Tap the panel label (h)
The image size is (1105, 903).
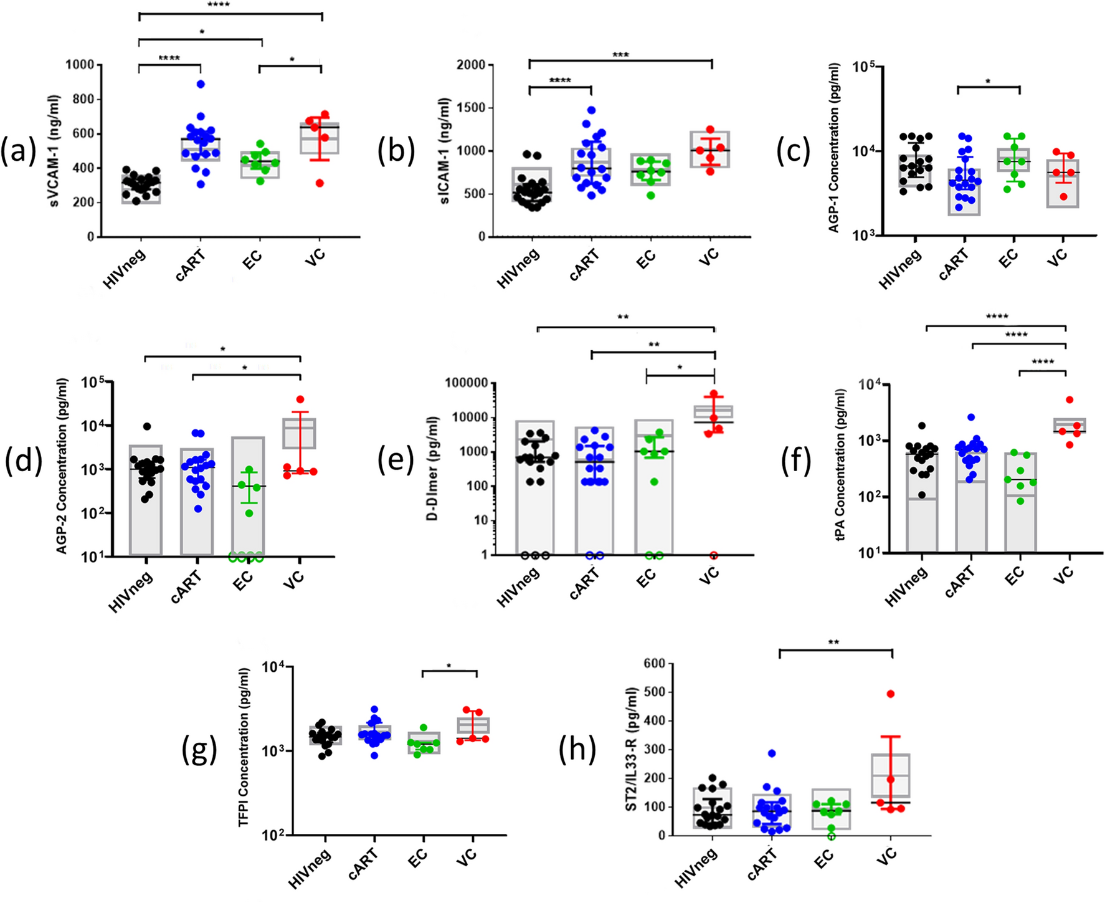(577, 750)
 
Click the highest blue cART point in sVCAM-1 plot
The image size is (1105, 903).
(201, 84)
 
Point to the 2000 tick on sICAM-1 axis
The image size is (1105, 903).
(471, 65)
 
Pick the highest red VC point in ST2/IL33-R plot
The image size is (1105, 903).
(891, 694)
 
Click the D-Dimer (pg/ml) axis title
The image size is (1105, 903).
(432, 468)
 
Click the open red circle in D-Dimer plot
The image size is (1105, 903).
(713, 555)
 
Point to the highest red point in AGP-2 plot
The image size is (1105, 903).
(300, 399)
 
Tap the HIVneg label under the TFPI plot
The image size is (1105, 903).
(310, 869)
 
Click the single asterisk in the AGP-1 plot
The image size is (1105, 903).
(988, 82)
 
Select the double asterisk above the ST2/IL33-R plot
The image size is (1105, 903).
(833, 642)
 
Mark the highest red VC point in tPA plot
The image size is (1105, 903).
(1069, 399)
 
